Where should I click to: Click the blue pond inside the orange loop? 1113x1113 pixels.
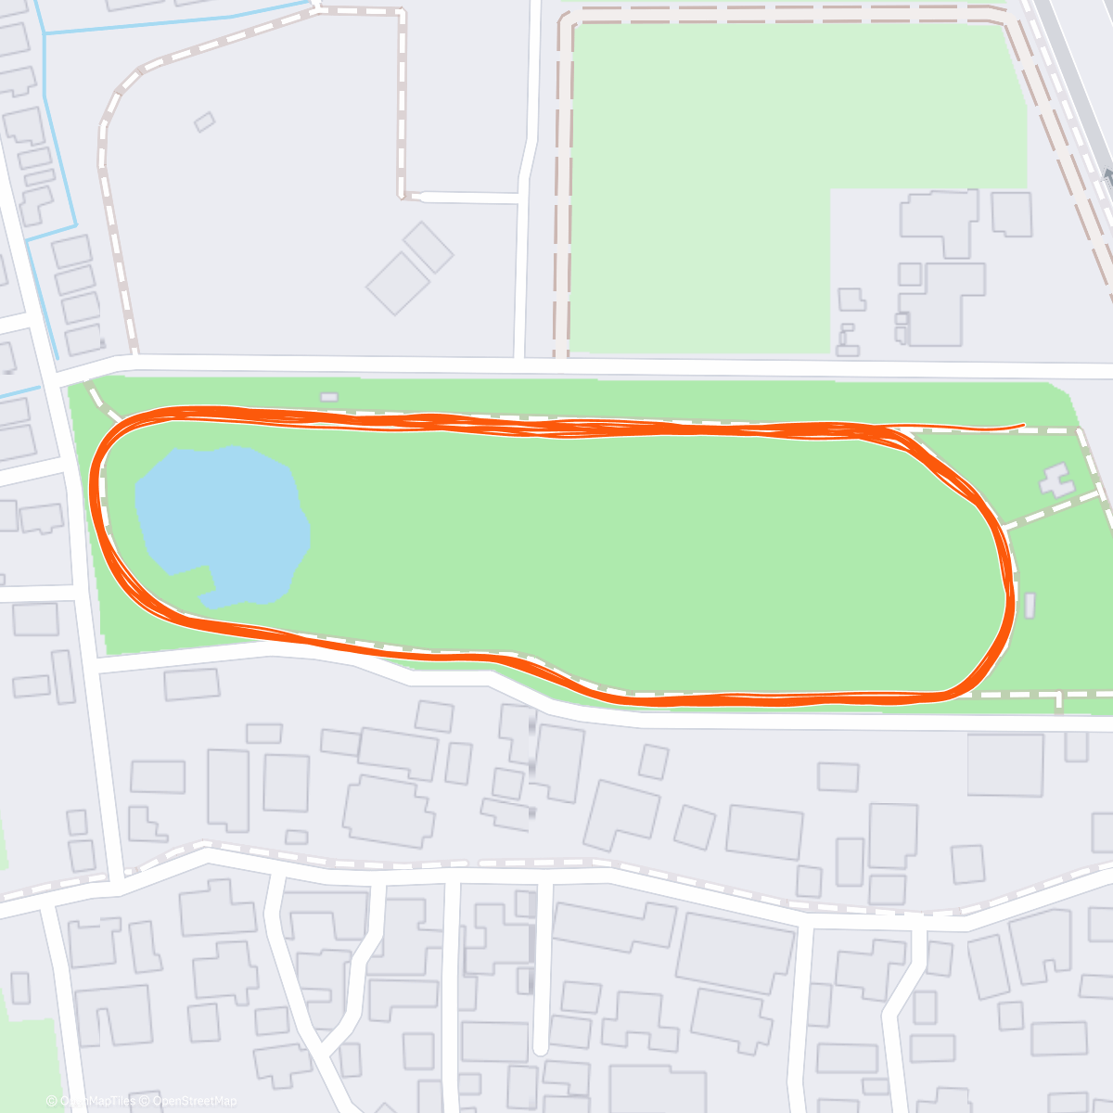coord(223,524)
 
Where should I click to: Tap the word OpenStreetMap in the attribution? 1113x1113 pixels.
coord(195,1101)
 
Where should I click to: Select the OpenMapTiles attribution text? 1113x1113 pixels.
coord(97,1101)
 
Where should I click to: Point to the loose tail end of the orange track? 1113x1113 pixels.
coord(1021,426)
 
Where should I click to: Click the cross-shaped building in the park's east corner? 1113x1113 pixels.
coord(1056,480)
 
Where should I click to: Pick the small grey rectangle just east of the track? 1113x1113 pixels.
coord(1030,606)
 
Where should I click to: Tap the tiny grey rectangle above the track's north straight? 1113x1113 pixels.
coord(329,397)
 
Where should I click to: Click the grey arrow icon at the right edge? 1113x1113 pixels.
coord(1107,176)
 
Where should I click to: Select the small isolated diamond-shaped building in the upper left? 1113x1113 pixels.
coord(204,122)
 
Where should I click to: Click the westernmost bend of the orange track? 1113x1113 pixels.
coord(93,501)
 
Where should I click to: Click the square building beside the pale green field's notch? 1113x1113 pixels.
coord(1011,213)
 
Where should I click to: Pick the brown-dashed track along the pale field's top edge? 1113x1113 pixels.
coord(788,13)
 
